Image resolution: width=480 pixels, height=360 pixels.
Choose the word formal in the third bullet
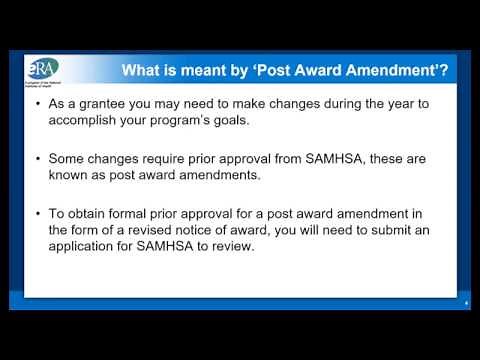click(x=139, y=213)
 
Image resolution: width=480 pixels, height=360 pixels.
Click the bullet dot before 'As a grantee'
click(x=37, y=103)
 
